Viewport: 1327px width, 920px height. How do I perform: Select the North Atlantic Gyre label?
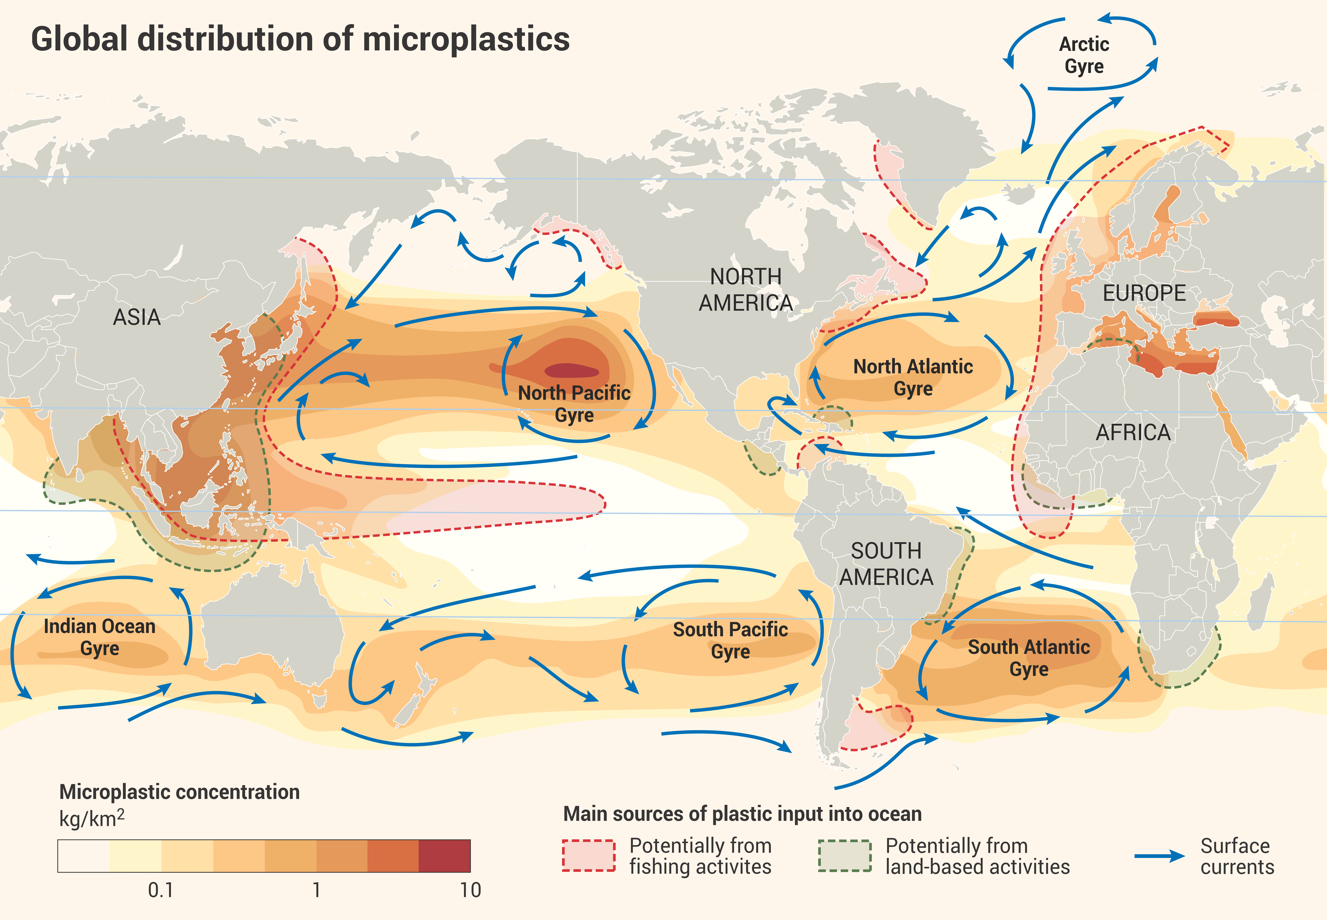click(913, 377)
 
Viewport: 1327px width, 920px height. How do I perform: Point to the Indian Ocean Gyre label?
click(99, 637)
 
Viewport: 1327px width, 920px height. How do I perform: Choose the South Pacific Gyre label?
click(730, 640)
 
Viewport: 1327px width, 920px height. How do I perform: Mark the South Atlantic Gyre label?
click(1029, 658)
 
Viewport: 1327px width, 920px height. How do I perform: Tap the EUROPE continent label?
click(1144, 293)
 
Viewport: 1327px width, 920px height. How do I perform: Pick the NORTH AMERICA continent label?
click(746, 290)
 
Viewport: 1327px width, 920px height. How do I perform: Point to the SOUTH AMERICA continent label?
click(886, 564)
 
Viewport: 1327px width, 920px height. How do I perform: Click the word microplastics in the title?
click(466, 39)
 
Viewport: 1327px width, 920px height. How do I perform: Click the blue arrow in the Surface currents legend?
click(1159, 856)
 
